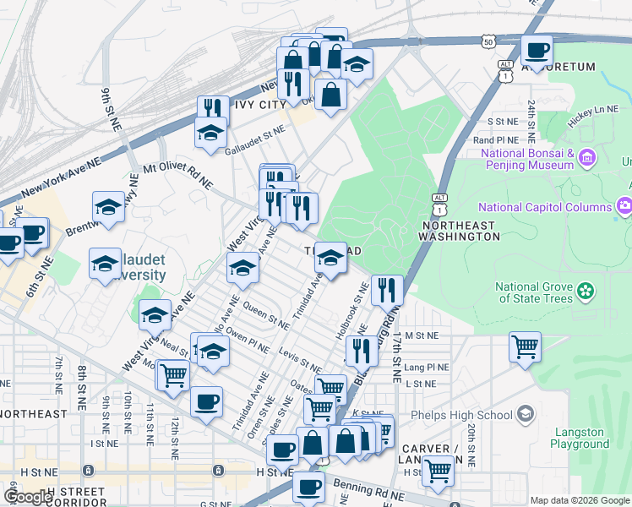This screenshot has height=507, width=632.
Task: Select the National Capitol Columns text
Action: pos(544,207)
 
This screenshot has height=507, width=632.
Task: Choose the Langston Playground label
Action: pos(580,438)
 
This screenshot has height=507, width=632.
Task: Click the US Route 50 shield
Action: pos(488,41)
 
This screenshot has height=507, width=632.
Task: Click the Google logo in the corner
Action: pos(28,497)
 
